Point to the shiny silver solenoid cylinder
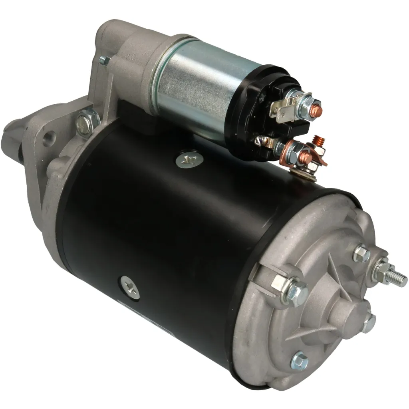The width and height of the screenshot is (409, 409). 200,86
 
